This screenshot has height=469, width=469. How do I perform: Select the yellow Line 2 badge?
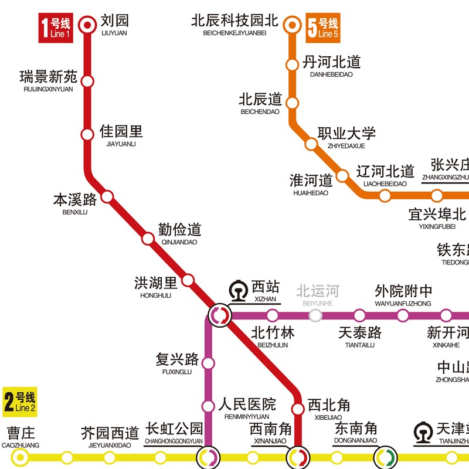pyautogui.click(x=19, y=402)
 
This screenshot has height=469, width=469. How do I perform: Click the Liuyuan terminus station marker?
pyautogui.click(x=88, y=25)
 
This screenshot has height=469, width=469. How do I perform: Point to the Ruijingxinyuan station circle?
pyautogui.click(x=88, y=81)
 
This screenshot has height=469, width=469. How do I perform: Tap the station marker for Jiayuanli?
pyautogui.click(x=88, y=135)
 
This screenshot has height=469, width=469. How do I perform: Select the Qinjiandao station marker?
pyautogui.click(x=148, y=239)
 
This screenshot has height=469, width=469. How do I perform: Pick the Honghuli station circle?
pyautogui.click(x=188, y=280)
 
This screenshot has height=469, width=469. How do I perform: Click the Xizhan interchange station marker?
pyautogui.click(x=220, y=315)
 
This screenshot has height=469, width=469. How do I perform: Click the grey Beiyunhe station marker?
pyautogui.click(x=315, y=315)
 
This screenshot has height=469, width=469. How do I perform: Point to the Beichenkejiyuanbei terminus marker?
pyautogui.click(x=292, y=25)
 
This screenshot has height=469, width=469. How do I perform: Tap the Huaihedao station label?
pyautogui.click(x=311, y=183)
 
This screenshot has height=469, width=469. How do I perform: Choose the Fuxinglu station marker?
pyautogui.click(x=208, y=363)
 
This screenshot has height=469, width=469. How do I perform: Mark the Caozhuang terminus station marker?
pyautogui.click(x=21, y=457)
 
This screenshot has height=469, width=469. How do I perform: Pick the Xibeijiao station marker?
pyautogui.click(x=298, y=409)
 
